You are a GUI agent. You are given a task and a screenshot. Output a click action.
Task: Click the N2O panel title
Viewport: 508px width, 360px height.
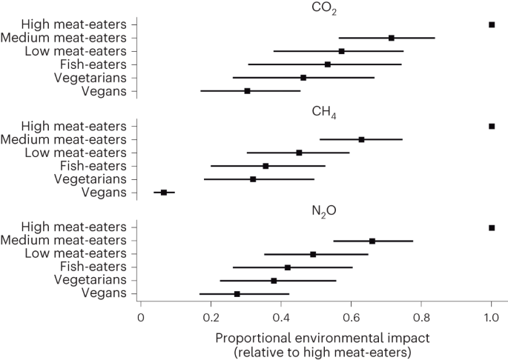point(323,213)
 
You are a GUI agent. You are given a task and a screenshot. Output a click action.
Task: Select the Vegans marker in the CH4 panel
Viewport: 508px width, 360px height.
point(164,193)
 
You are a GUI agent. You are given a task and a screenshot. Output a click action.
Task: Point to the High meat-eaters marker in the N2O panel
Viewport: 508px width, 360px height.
point(492,227)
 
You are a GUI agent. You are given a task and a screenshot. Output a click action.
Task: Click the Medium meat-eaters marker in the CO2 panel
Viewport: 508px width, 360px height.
point(392,38)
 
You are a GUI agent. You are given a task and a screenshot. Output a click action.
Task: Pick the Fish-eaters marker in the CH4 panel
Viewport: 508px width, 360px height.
point(265,166)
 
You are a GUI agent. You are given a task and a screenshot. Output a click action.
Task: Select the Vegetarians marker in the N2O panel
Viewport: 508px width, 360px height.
point(274,281)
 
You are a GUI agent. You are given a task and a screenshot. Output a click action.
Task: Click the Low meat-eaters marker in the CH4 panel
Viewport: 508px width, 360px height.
point(299,153)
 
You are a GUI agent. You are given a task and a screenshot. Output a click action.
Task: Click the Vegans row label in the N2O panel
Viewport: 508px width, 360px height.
point(109,294)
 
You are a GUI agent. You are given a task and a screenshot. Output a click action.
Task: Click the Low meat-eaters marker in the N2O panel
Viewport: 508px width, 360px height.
point(313,254)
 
